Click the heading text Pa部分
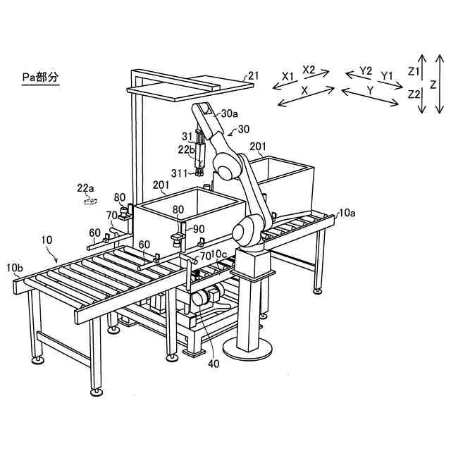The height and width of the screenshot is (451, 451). pyautogui.click(x=39, y=75)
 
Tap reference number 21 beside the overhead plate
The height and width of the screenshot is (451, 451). pyautogui.click(x=253, y=75)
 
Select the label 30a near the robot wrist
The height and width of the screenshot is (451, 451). pyautogui.click(x=230, y=113)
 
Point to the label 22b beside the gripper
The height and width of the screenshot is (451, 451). pyautogui.click(x=186, y=149)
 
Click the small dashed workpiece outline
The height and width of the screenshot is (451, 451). pyautogui.click(x=89, y=201)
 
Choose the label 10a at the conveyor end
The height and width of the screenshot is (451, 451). pyautogui.click(x=347, y=211)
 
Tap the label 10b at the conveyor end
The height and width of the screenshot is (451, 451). pyautogui.click(x=15, y=268)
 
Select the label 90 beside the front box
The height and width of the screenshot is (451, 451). pyautogui.click(x=199, y=229)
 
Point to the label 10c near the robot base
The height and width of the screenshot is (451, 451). pyautogui.click(x=219, y=254)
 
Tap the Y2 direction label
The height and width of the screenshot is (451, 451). pyautogui.click(x=365, y=71)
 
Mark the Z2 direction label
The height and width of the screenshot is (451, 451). pyautogui.click(x=414, y=94)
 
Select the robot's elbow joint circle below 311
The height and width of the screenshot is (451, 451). pyautogui.click(x=228, y=169)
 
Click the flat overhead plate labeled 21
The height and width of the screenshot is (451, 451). pyautogui.click(x=190, y=88)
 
